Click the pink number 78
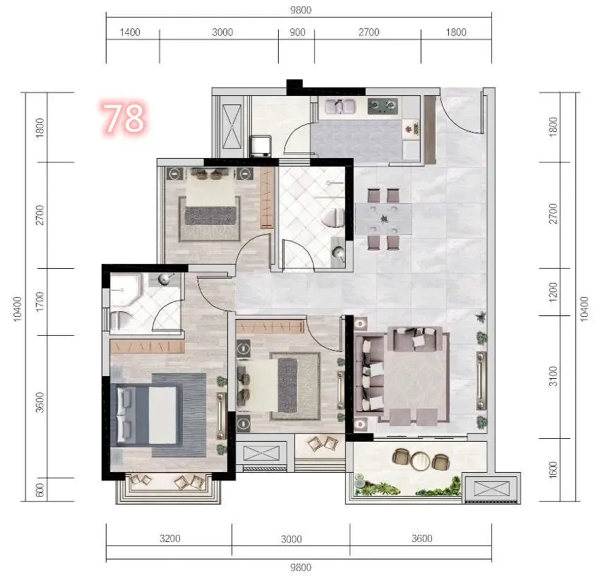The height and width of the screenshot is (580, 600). [x=124, y=117]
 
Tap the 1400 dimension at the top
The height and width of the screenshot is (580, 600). [x=130, y=32]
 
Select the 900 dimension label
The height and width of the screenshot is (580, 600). [x=297, y=32]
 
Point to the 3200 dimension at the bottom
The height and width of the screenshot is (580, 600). [x=170, y=538]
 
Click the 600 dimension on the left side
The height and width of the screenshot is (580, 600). [x=40, y=490]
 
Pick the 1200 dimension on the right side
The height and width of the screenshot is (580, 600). [x=553, y=292]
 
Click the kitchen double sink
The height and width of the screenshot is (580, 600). [x=340, y=106]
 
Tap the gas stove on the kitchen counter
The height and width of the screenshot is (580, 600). [x=383, y=106]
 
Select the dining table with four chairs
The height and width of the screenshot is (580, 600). [x=384, y=219]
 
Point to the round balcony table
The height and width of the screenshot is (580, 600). [x=420, y=460]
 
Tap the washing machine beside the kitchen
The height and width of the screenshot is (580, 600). [x=260, y=146]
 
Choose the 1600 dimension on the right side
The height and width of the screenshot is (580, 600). [x=553, y=469]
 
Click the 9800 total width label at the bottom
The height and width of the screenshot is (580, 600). [x=301, y=567]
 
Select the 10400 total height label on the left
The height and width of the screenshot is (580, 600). [x=18, y=309]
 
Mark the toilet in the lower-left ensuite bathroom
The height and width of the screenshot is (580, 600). [x=119, y=320]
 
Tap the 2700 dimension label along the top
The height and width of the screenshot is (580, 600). [x=368, y=32]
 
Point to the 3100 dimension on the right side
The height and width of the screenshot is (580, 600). [x=553, y=377]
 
